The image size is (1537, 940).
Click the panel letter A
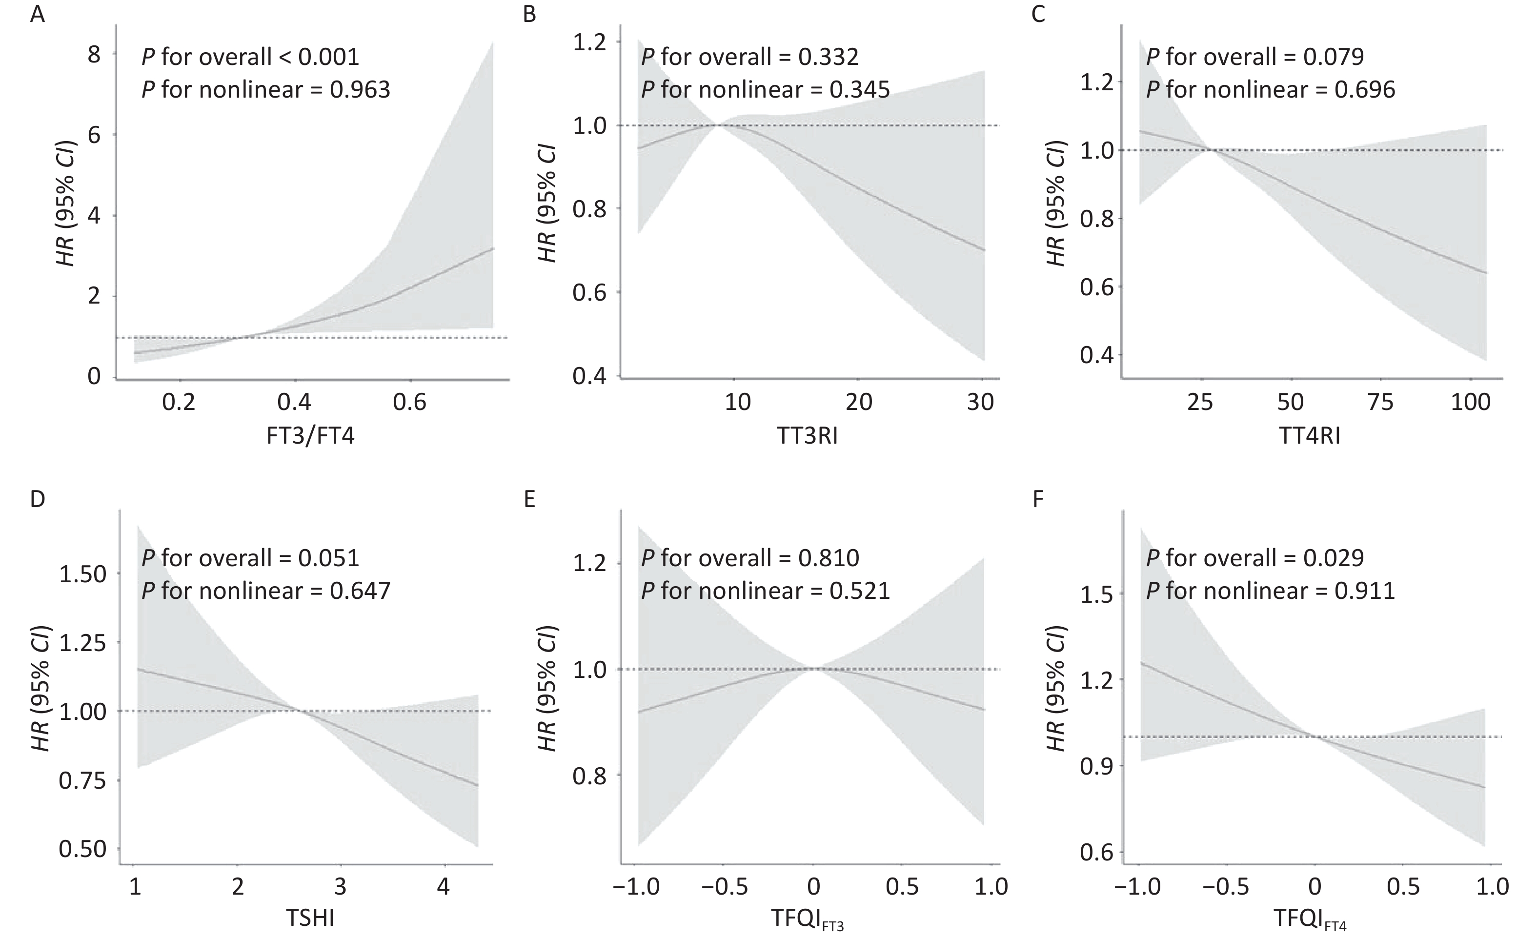pyautogui.click(x=38, y=14)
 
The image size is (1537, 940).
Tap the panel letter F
pyautogui.click(x=1038, y=500)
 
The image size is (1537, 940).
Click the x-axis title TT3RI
pyautogui.click(x=807, y=435)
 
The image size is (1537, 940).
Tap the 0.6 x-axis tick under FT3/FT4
pyautogui.click(x=409, y=402)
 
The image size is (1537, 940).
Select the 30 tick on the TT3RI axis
pyautogui.click(x=980, y=402)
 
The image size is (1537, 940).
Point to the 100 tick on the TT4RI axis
pyautogui.click(x=1470, y=402)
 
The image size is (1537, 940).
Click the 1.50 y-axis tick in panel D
pyautogui.click(x=82, y=574)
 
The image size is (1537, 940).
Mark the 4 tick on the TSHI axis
pyautogui.click(x=444, y=886)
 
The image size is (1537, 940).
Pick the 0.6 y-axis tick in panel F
pyautogui.click(x=1096, y=852)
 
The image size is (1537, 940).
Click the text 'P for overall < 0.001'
pyautogui.click(x=251, y=57)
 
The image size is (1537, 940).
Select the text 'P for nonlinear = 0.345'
pyautogui.click(x=766, y=90)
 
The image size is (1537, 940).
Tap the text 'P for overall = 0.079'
pyautogui.click(x=1255, y=57)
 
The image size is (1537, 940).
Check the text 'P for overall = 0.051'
pyautogui.click(x=251, y=558)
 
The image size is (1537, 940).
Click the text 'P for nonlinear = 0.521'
pyautogui.click(x=766, y=591)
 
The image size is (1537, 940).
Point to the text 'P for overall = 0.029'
pyautogui.click(x=1255, y=558)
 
